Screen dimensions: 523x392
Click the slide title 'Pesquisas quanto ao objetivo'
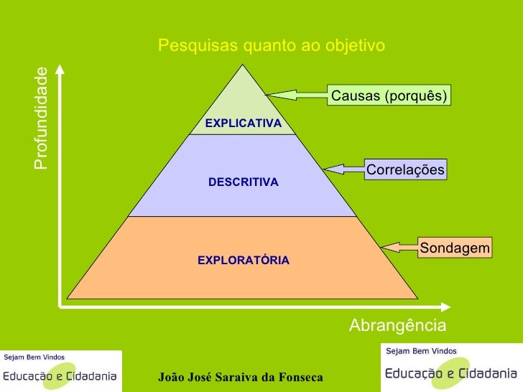click(x=272, y=46)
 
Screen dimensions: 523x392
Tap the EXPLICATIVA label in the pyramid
click(x=243, y=123)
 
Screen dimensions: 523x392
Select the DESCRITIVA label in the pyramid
click(x=243, y=182)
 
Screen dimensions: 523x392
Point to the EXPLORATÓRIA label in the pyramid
click(x=244, y=260)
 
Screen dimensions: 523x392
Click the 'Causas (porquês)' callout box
click(x=389, y=95)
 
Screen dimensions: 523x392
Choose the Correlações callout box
click(x=405, y=169)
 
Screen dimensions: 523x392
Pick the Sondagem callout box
click(x=455, y=248)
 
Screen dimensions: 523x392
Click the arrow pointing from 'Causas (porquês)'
click(x=296, y=94)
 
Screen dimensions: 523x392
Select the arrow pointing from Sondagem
click(x=399, y=248)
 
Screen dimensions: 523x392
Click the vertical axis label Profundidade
click(x=41, y=118)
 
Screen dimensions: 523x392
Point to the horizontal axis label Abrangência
click(x=397, y=326)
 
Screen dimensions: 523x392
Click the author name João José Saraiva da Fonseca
click(x=241, y=378)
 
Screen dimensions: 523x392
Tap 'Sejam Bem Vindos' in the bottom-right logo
click(x=421, y=351)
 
